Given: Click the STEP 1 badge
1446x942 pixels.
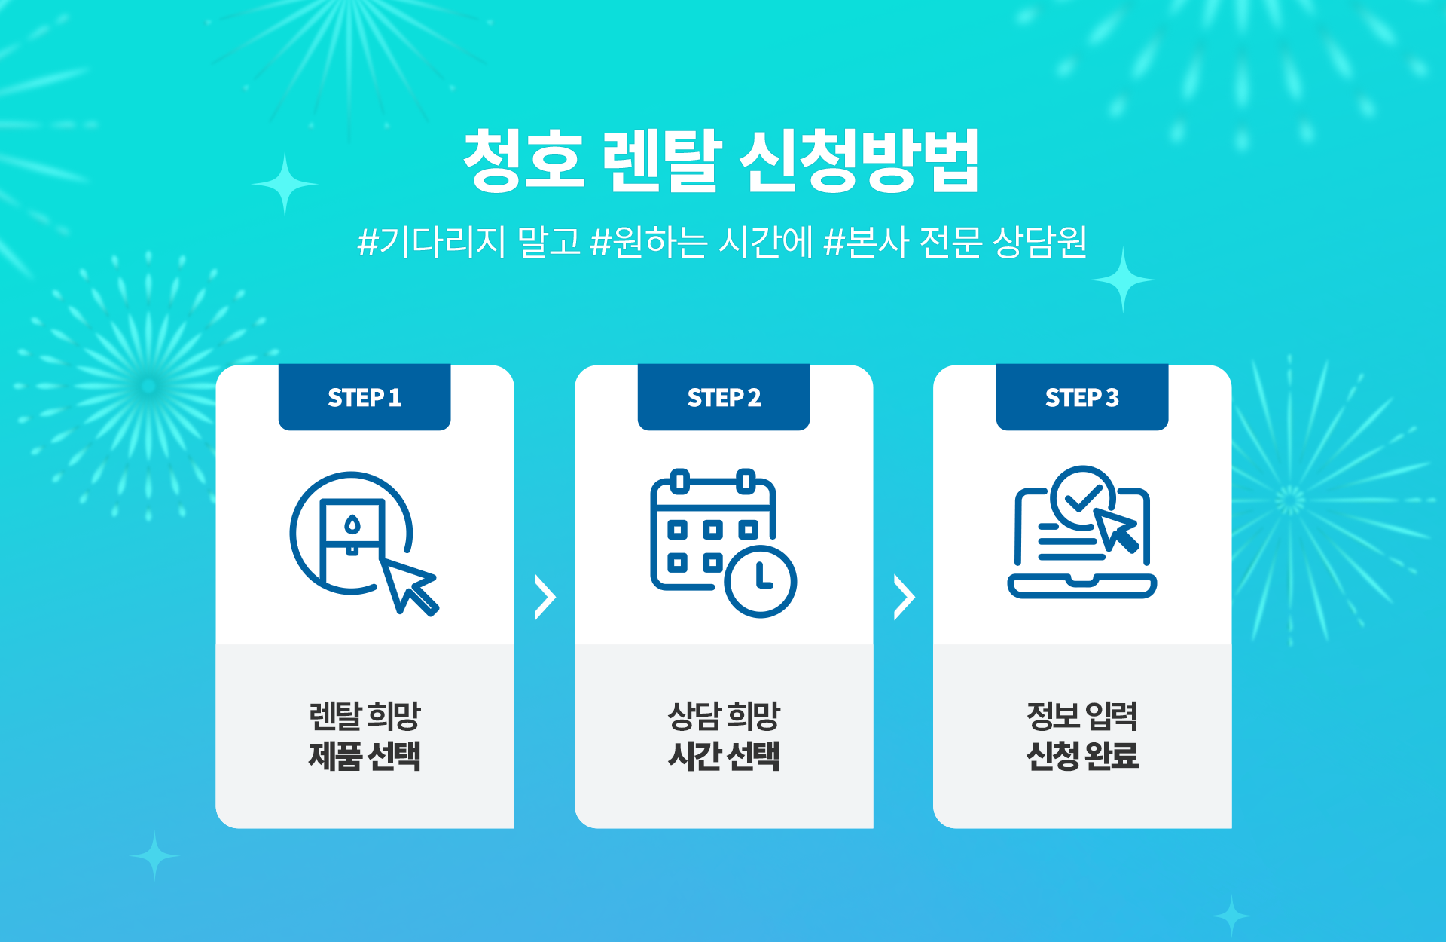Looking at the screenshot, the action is [x=365, y=397].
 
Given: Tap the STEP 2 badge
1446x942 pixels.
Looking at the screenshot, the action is [x=724, y=397].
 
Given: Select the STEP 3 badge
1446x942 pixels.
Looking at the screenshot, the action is [x=1082, y=397].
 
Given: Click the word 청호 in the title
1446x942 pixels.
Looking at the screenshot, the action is [x=524, y=161].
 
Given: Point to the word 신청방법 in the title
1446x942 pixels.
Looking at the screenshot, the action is [x=859, y=161].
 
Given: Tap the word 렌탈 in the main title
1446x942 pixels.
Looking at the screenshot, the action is [x=663, y=161].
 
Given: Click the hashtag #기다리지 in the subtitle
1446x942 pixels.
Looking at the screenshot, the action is [x=432, y=242].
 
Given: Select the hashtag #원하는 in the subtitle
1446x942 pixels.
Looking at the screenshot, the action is [x=649, y=242].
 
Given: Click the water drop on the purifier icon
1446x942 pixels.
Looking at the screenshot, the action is [x=352, y=525].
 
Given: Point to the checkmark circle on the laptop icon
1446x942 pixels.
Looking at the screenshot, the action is [x=1083, y=497].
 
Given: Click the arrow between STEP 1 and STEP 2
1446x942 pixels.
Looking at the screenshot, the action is [x=545, y=598].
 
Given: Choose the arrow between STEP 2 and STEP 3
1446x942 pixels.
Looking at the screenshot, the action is [x=904, y=598].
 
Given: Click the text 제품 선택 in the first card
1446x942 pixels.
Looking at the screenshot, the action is [x=365, y=756].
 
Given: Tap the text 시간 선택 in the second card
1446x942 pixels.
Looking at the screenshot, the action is [x=724, y=756].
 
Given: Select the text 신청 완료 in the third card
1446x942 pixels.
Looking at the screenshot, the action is [x=1082, y=756].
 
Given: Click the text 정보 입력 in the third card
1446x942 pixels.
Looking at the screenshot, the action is [x=1082, y=716].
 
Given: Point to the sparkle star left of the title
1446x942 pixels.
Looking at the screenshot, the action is [x=285, y=184].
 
